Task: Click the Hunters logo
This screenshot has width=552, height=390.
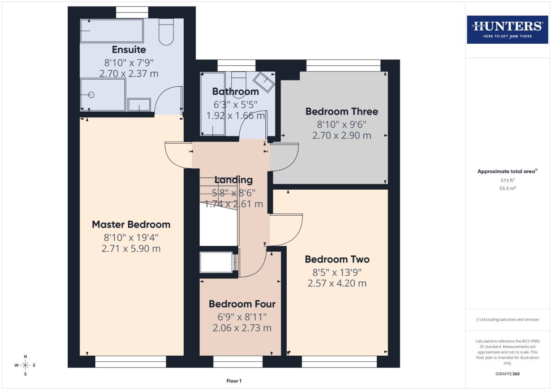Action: pyautogui.click(x=507, y=29)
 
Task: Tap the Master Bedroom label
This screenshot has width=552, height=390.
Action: pyautogui.click(x=131, y=225)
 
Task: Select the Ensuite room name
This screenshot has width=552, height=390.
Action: pyautogui.click(x=129, y=49)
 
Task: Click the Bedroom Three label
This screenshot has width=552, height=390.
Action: pyautogui.click(x=342, y=112)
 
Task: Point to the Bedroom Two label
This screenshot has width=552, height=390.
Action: pyautogui.click(x=337, y=259)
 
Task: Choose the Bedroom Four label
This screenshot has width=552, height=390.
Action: pyautogui.click(x=242, y=304)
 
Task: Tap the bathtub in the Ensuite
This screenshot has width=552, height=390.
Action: pyautogui.click(x=112, y=31)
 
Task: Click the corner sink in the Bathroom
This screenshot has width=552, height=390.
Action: pyautogui.click(x=264, y=82)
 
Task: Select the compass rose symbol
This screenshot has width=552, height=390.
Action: pyautogui.click(x=25, y=365)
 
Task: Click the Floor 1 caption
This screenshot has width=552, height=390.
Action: pyautogui.click(x=234, y=381)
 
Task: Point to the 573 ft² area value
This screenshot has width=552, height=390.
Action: pyautogui.click(x=507, y=181)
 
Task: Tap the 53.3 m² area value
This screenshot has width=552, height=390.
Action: pyautogui.click(x=507, y=188)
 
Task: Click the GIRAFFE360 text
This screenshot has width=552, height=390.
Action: pyautogui.click(x=507, y=374)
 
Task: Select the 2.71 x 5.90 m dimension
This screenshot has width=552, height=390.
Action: pyautogui.click(x=131, y=248)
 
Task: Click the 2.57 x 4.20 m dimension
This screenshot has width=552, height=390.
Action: pyautogui.click(x=337, y=283)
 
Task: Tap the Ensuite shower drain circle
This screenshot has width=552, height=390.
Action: pyautogui.click(x=91, y=95)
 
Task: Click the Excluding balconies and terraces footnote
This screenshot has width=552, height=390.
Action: pyautogui.click(x=507, y=320)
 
